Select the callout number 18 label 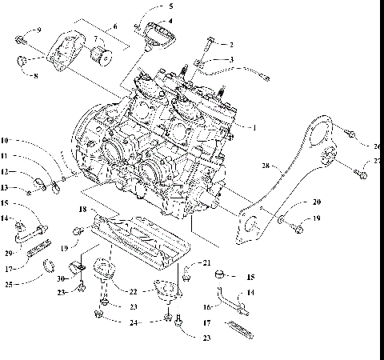click(83, 210)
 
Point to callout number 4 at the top click(169, 22)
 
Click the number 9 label click(38, 30)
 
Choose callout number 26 click(377, 146)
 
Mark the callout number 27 click(377, 162)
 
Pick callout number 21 click(206, 263)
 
